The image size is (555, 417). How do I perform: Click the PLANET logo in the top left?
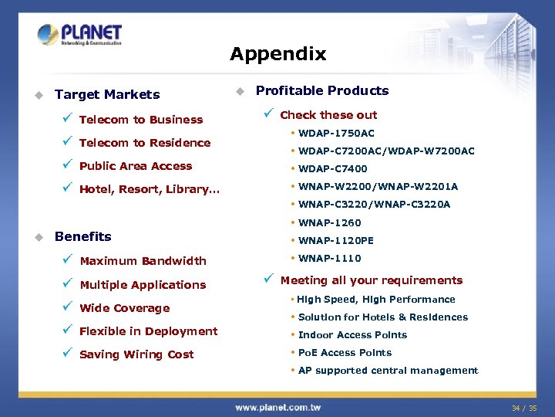click(x=79, y=35)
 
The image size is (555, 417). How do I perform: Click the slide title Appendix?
click(x=277, y=54)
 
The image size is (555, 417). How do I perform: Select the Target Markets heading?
click(x=107, y=95)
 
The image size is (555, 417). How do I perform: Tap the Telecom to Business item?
click(x=140, y=120)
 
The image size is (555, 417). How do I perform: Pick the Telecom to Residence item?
click(x=144, y=143)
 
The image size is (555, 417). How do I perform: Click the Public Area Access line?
click(x=135, y=166)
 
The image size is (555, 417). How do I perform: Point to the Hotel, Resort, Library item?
click(x=149, y=189)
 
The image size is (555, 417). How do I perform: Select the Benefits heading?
click(x=82, y=236)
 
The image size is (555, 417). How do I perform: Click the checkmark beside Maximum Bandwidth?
click(x=68, y=260)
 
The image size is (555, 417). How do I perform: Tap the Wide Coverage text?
click(x=124, y=308)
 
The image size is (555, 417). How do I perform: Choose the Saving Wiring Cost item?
click(x=136, y=354)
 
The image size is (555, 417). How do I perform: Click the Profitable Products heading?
click(x=321, y=90)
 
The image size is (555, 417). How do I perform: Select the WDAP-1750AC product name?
click(x=336, y=134)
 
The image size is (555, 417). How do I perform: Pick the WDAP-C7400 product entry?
click(x=332, y=168)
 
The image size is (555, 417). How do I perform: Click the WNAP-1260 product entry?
click(x=329, y=223)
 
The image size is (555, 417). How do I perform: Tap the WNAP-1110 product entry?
click(x=329, y=259)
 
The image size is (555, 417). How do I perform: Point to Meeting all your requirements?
click(x=371, y=280)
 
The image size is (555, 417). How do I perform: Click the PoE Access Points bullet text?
click(x=345, y=353)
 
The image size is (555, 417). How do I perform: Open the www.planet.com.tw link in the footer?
click(x=277, y=407)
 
